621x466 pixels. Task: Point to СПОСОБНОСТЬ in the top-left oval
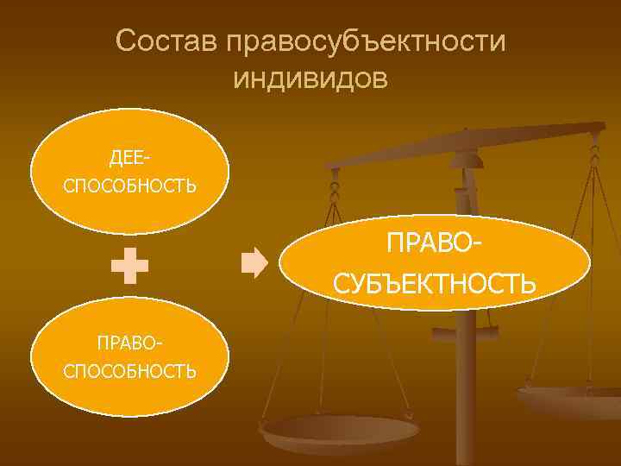point(129,186)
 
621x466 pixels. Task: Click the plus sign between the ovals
point(129,268)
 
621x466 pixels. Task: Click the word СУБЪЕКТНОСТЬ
point(435,282)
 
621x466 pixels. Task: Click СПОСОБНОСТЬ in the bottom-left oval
point(129,371)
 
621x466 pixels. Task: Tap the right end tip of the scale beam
point(601,128)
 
